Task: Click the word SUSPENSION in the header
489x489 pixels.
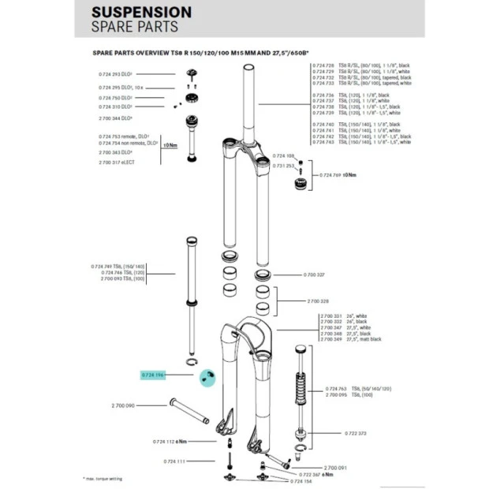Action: [x=141, y=13]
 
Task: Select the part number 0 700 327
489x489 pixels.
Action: [x=293, y=275]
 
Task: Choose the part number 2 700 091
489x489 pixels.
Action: [x=336, y=468]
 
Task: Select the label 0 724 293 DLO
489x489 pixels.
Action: [x=116, y=74]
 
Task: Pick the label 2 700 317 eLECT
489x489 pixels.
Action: [x=118, y=162]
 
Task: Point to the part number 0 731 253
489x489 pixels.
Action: [x=284, y=166]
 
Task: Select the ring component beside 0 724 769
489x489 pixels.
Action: [x=303, y=185]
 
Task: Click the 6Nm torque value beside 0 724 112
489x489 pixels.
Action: [x=181, y=442]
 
